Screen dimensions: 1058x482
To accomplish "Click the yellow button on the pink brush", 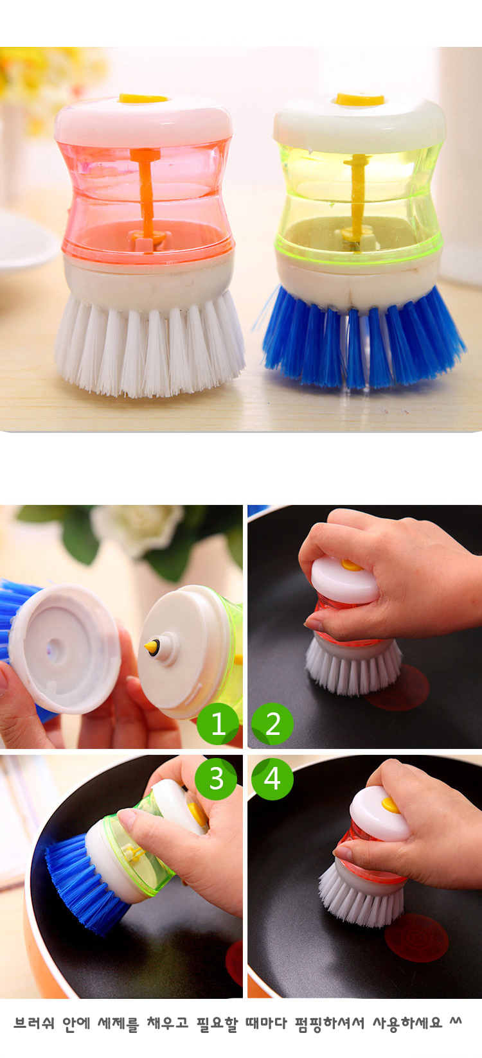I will tap(143, 98).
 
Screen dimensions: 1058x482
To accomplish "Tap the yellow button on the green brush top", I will tap(360, 100).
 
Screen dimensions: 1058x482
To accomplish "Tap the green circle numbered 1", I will tap(218, 724).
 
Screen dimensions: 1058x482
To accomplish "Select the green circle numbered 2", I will tap(272, 724).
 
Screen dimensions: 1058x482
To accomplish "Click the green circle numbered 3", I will tap(216, 779).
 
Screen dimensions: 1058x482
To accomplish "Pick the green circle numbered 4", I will tap(272, 779).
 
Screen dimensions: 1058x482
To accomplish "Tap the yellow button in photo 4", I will tap(389, 804).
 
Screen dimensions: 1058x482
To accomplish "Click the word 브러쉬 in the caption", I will tap(34, 1023).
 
